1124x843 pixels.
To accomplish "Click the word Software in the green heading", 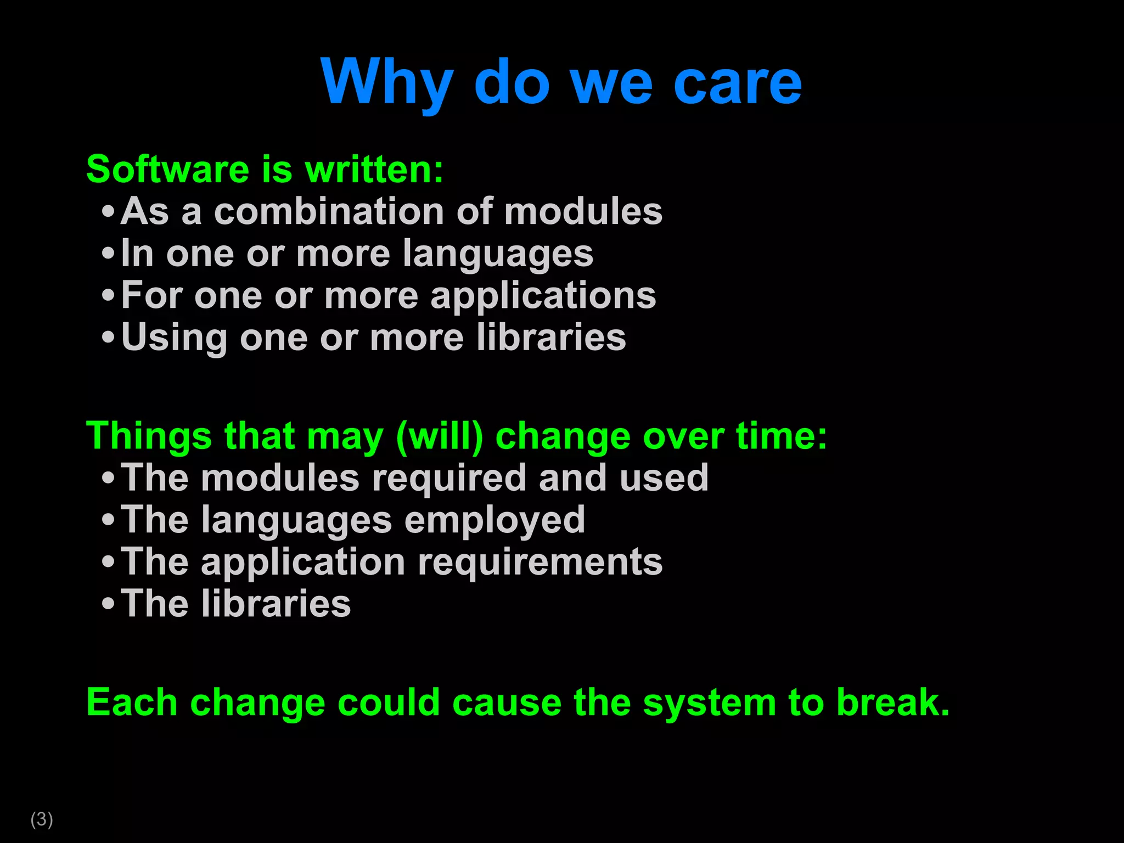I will pos(168,169).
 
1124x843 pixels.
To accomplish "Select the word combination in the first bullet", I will pos(329,211).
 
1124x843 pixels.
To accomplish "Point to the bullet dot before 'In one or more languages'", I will pos(108,254).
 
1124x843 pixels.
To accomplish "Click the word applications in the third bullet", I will pos(543,296).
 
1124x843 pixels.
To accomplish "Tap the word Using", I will pos(174,338).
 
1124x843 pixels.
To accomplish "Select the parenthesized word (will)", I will pos(439,436).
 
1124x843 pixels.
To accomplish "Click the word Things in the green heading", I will pos(149,436).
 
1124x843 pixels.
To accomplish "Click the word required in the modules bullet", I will pos(449,478).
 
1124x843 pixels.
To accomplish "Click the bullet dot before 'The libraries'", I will pos(108,604).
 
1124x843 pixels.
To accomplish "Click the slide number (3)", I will pos(42,819).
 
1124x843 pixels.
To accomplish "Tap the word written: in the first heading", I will pos(374,169).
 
